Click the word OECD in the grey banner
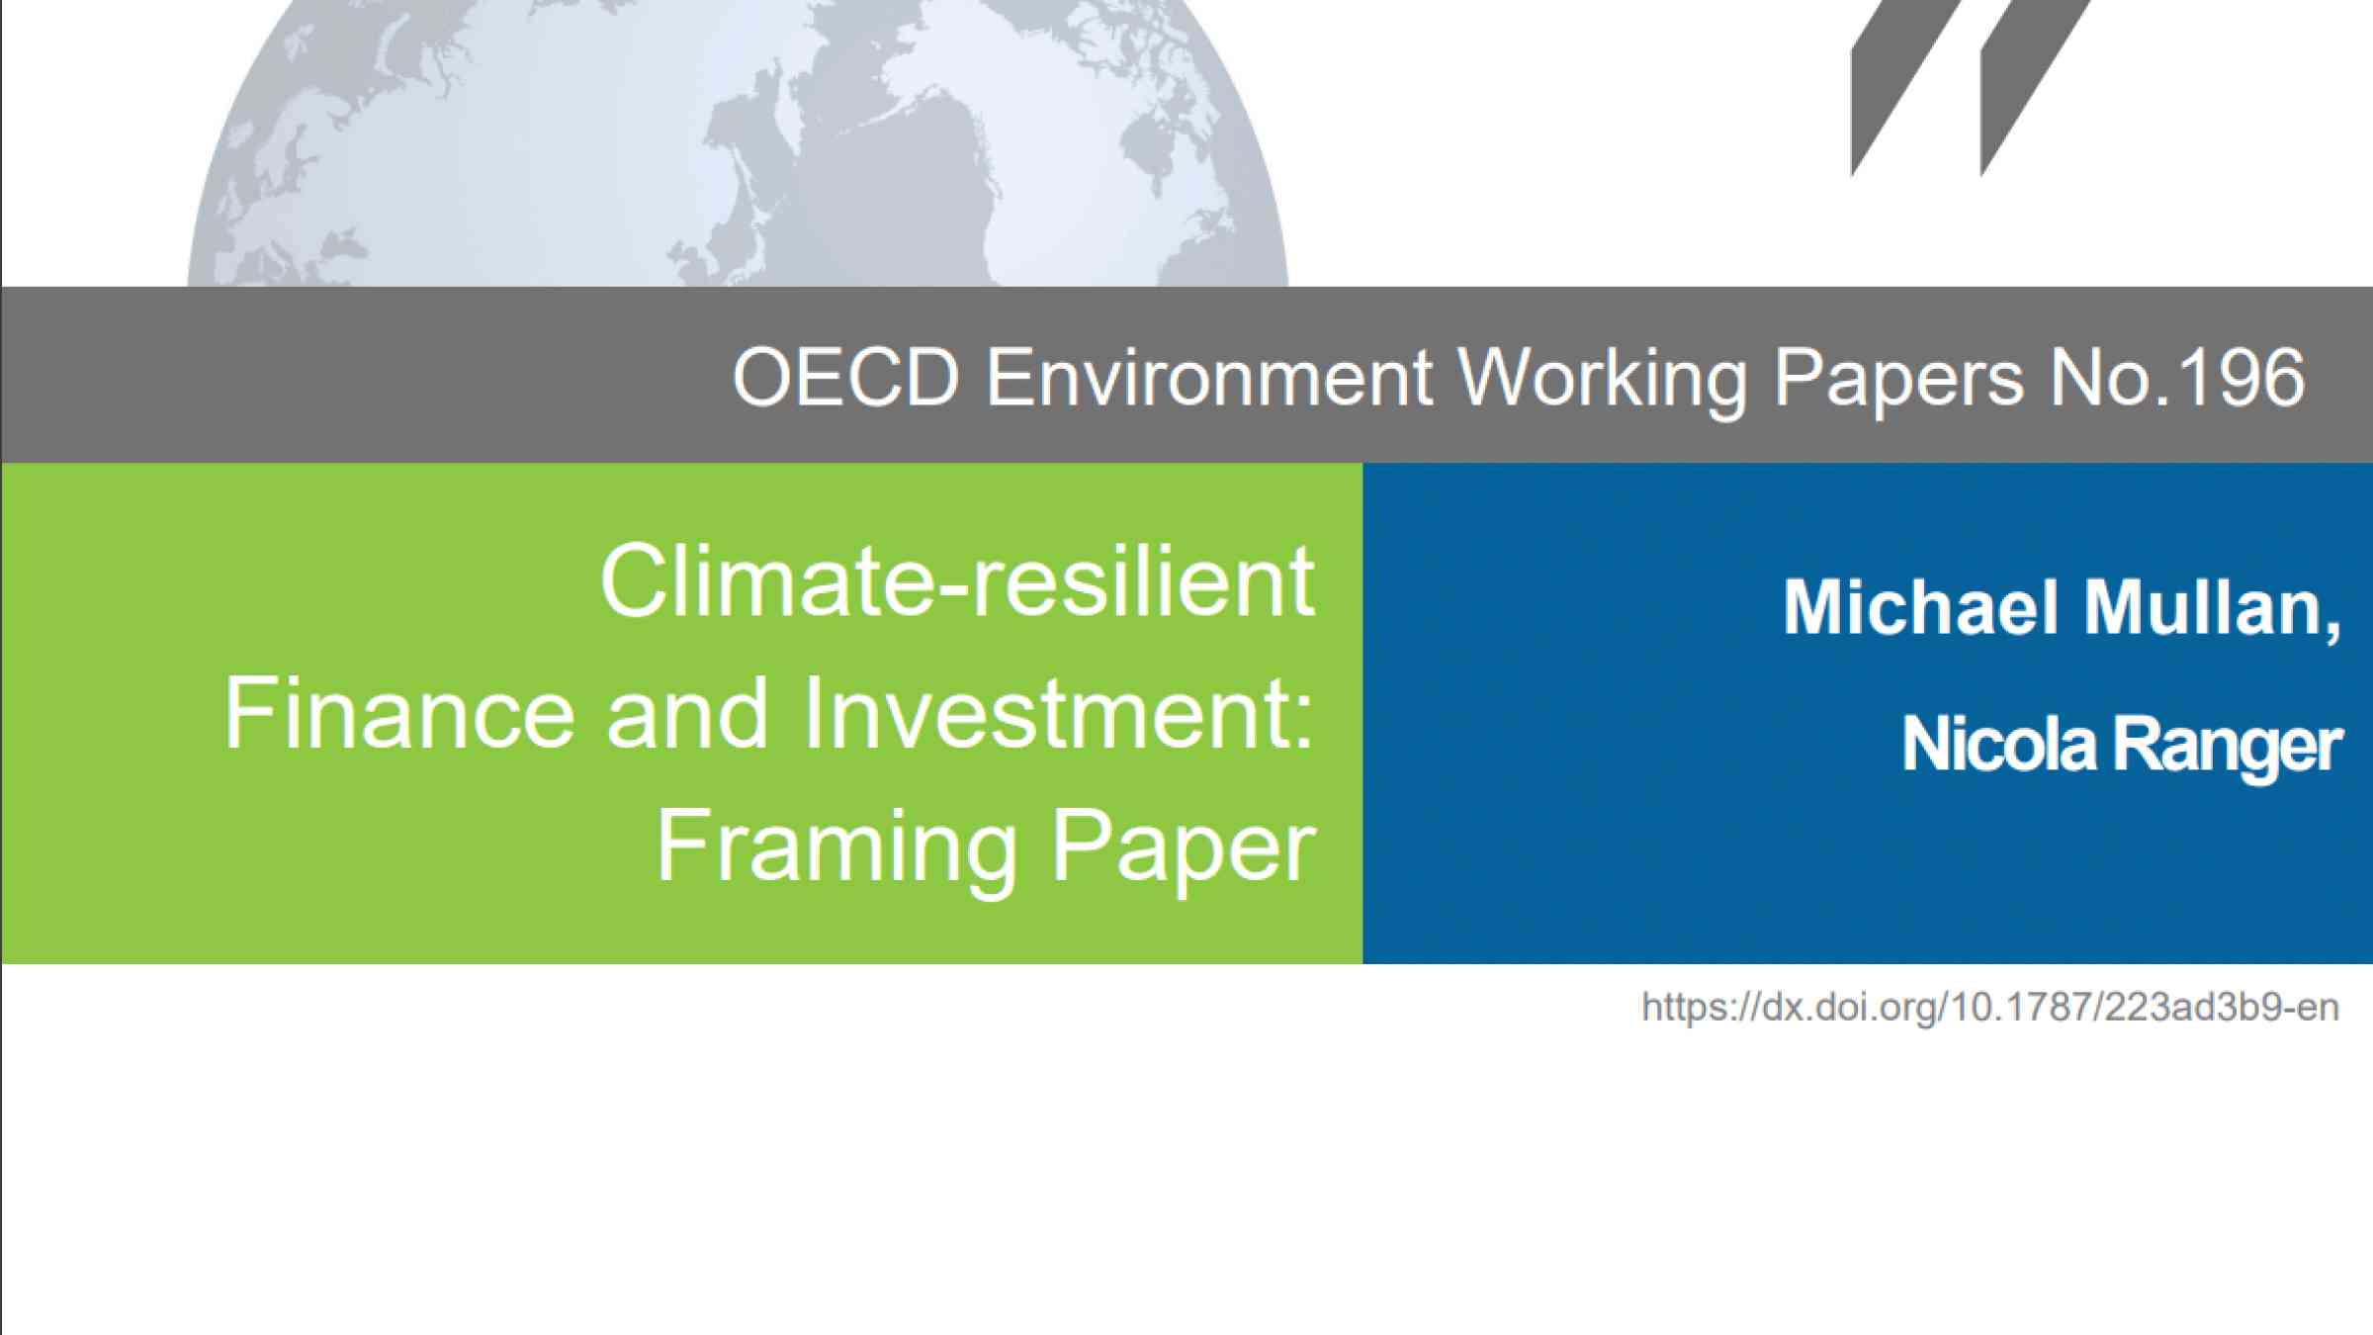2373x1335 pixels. (x=845, y=377)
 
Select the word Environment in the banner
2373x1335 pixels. (x=1208, y=377)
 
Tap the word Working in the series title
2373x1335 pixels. (x=1602, y=381)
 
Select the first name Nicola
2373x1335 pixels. (x=1998, y=743)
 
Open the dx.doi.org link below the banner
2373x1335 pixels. (x=1990, y=1008)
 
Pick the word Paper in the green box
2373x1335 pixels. (x=1184, y=847)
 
